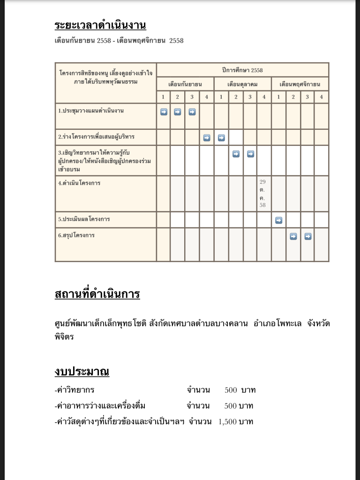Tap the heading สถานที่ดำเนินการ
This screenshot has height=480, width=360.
pyautogui.click(x=97, y=295)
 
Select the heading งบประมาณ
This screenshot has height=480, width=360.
pyautogui.click(x=82, y=372)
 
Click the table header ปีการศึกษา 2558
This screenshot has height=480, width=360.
pyautogui.click(x=242, y=70)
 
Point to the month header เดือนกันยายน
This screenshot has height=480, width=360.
pyautogui.click(x=185, y=84)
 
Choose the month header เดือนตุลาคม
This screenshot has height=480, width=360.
pyautogui.click(x=242, y=84)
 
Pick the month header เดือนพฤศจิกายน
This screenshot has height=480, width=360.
pyautogui.click(x=300, y=84)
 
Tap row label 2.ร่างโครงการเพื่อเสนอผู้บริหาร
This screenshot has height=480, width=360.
pyautogui.click(x=96, y=137)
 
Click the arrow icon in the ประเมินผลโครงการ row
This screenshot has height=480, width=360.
pyautogui.click(x=278, y=220)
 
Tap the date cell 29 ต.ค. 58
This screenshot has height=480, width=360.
pyautogui.click(x=262, y=193)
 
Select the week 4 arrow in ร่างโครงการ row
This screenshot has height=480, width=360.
pyautogui.click(x=207, y=138)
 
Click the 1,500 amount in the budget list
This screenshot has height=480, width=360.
pyautogui.click(x=227, y=421)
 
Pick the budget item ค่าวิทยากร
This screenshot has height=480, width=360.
pyautogui.click(x=75, y=390)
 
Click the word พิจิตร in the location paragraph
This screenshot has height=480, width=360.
pyautogui.click(x=64, y=337)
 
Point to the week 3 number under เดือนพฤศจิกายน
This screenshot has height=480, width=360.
pyautogui.click(x=307, y=97)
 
